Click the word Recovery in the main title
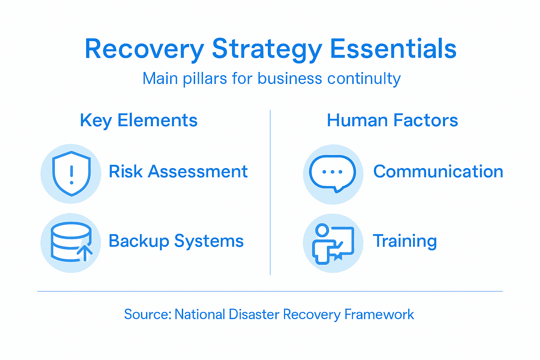coord(144,49)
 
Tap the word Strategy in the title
coord(267,49)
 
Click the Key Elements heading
coord(139,121)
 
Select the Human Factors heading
coord(392,121)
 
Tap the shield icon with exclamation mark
coord(71,173)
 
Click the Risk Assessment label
coord(178,172)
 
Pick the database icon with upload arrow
coord(71,242)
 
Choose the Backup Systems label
coord(176,241)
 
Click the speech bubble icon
coord(333,173)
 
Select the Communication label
coord(438,172)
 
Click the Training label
coord(405,241)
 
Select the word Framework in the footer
coord(379,314)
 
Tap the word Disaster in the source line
coord(254,314)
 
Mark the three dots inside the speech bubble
coord(332,172)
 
